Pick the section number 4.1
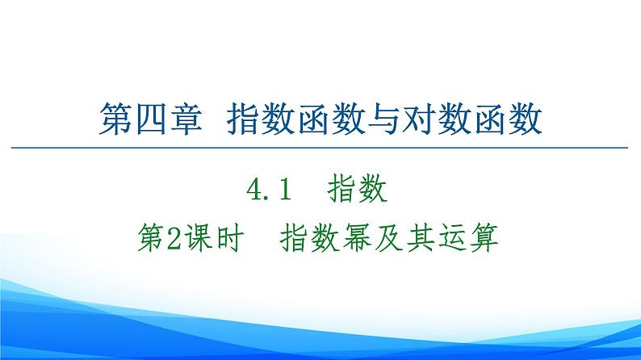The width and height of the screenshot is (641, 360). [272, 192]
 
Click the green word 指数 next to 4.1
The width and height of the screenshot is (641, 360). [358, 192]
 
